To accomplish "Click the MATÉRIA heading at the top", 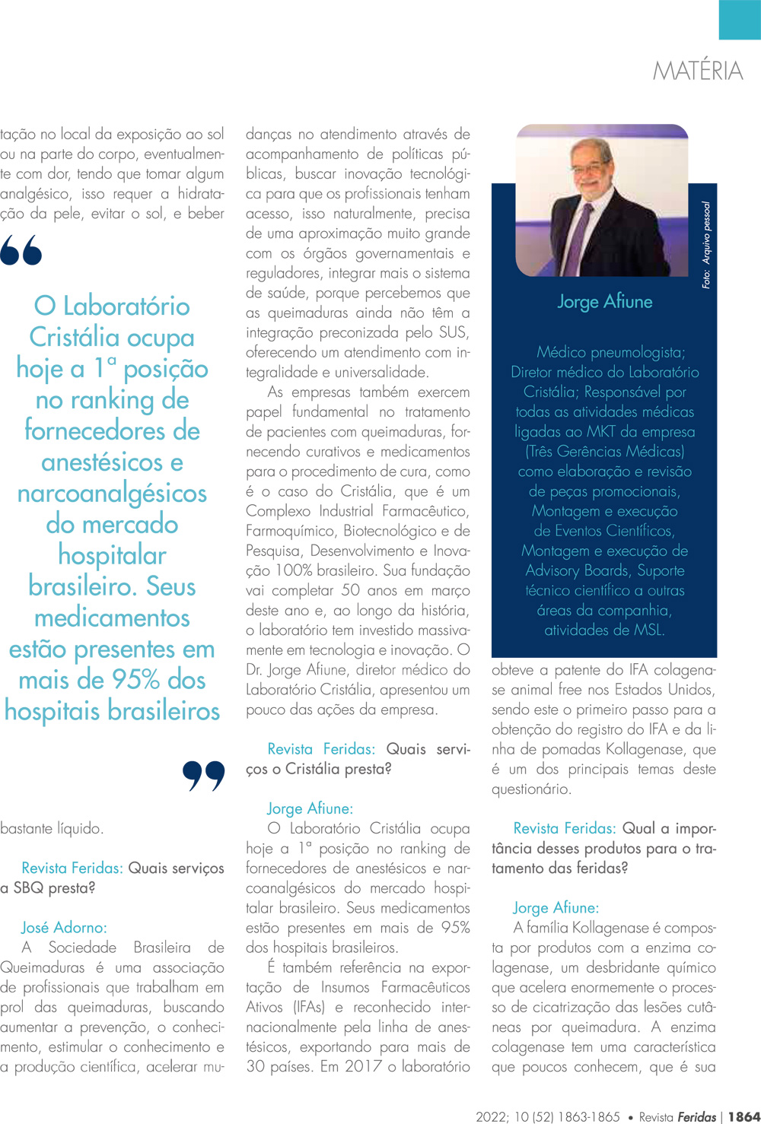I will click(x=697, y=71).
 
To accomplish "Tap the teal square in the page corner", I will click(x=739, y=19).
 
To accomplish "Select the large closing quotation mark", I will click(x=204, y=776).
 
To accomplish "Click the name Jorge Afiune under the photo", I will click(x=604, y=302).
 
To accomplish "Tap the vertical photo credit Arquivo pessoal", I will click(x=706, y=245).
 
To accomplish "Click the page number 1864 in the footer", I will click(x=743, y=1116).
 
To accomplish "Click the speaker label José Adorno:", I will click(x=64, y=927).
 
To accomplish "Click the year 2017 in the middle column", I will click(x=362, y=1066).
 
